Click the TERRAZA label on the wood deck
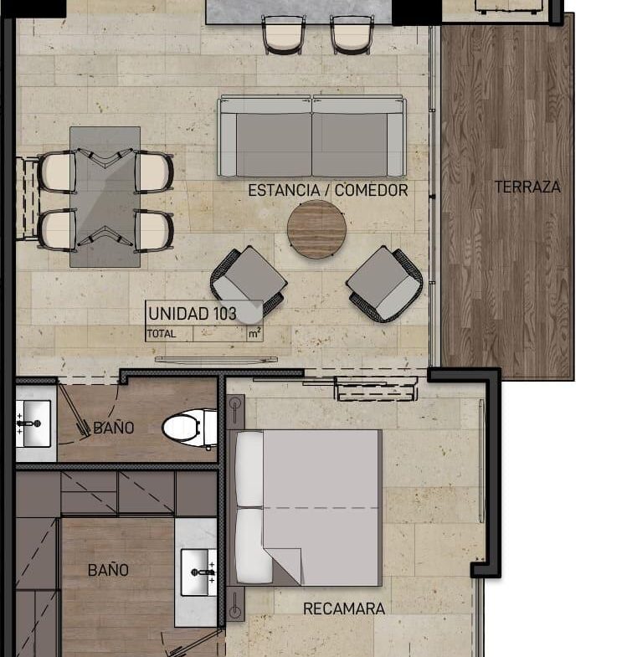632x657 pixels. coord(527,187)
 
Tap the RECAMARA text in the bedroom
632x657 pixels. coord(344,608)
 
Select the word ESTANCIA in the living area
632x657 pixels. coord(284,190)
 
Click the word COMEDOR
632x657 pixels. coord(371,190)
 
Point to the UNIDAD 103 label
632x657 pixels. coord(192,313)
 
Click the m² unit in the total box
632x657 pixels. coord(254,334)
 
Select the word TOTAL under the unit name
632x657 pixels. coord(162,334)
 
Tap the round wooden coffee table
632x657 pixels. coord(316,229)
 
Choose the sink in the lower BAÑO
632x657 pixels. coord(198,572)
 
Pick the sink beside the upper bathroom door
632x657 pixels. coord(33,423)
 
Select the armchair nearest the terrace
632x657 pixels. coord(384,284)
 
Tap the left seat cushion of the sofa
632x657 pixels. coord(274,145)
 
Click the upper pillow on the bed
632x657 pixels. coord(249,470)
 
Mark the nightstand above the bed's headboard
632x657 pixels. coord(235,409)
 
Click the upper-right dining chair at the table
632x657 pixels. coord(154,172)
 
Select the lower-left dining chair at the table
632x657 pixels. coord(58,230)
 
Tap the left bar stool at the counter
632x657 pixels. coord(283,34)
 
